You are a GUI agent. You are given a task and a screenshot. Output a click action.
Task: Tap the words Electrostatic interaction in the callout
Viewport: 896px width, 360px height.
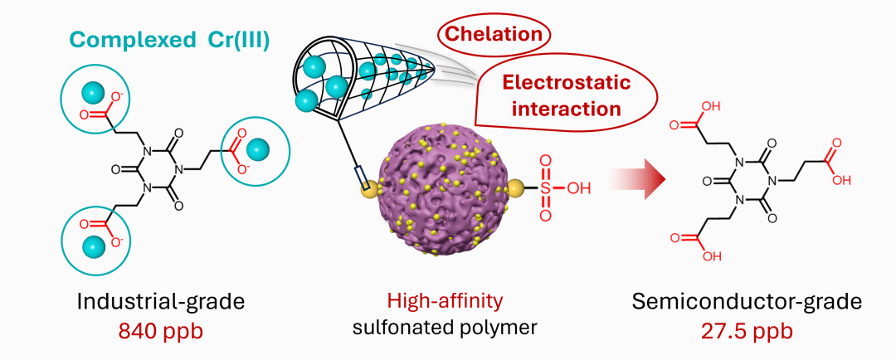pos(567,95)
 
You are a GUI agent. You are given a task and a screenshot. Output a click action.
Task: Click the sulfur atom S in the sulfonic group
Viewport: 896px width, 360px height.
pos(545,187)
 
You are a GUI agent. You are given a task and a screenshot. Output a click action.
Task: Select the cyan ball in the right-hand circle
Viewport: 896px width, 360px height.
pos(261,149)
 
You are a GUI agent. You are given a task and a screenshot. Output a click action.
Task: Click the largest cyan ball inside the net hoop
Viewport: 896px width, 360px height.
pos(337,85)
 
